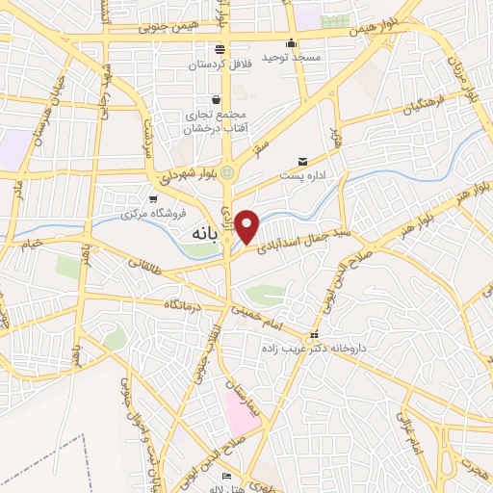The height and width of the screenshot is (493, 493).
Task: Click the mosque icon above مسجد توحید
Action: [x=291, y=43]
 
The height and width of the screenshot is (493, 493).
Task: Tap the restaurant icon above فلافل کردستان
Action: [x=222, y=49]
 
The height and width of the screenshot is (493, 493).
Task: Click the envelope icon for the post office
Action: [x=302, y=161]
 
